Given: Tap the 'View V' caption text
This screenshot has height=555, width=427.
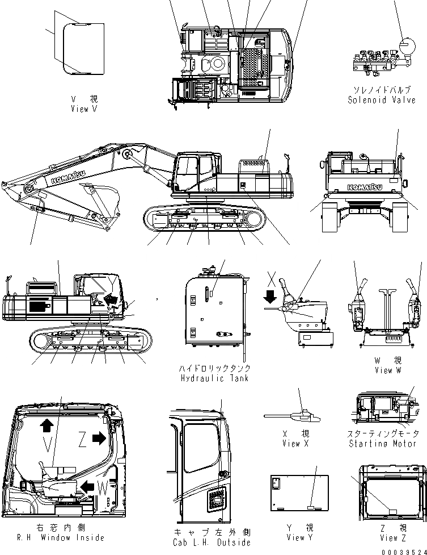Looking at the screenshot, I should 84,109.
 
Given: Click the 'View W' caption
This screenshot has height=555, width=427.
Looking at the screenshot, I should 387,370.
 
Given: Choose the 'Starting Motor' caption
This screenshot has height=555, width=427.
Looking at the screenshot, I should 382,443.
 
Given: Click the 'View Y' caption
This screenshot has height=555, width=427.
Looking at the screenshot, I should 299,537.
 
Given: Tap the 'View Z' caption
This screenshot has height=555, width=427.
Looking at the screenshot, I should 393,538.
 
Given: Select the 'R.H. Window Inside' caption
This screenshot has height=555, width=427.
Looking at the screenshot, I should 61,537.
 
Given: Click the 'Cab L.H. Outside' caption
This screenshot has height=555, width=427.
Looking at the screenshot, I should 213,542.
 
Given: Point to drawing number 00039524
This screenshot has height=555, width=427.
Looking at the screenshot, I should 404,551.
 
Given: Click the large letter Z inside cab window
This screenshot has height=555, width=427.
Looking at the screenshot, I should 83,440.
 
